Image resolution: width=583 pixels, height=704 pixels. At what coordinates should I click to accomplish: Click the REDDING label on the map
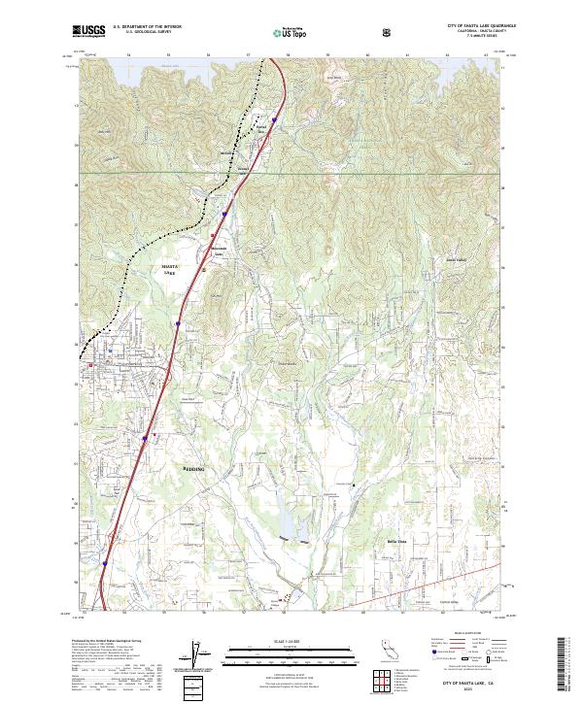[195, 467]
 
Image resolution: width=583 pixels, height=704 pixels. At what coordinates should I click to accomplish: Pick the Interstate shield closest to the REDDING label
[146, 438]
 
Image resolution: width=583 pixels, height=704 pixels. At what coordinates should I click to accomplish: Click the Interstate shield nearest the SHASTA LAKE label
[179, 324]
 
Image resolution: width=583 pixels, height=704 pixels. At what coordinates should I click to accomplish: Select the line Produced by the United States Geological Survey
[104, 642]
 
